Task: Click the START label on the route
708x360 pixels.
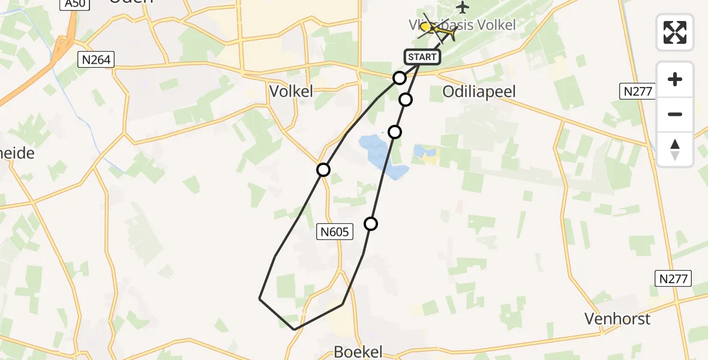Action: point(423,57)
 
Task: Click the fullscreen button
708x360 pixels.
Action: point(675,32)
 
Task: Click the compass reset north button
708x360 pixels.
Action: point(675,149)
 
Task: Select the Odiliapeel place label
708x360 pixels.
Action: point(478,91)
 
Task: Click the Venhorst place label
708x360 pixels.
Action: point(618,319)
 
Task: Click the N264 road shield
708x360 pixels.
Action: point(96,59)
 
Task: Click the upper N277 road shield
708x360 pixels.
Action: point(637,91)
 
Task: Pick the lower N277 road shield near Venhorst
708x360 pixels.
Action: point(673,278)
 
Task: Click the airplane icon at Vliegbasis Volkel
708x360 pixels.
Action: point(462,7)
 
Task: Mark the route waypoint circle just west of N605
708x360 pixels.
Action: point(323,170)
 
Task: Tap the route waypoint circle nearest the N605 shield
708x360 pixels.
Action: point(371,224)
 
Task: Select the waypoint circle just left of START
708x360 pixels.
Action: point(400,78)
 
